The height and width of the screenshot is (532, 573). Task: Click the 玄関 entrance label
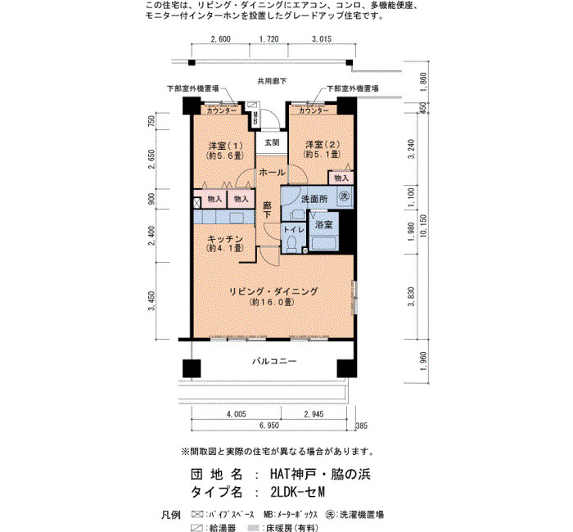[272, 142]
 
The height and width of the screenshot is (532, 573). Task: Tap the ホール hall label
[272, 172]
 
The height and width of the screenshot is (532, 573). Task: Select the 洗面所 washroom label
[314, 199]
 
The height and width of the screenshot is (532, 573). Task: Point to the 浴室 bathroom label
[324, 225]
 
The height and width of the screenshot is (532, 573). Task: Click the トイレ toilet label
[294, 229]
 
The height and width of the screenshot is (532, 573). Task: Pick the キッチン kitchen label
[225, 239]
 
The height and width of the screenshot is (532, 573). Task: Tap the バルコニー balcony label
[274, 362]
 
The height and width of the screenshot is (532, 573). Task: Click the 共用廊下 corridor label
[272, 81]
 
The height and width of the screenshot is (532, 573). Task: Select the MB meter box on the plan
[255, 118]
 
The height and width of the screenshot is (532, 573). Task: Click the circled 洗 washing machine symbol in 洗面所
[344, 196]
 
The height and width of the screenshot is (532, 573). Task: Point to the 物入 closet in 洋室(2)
[341, 178]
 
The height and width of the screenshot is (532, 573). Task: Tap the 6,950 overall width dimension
[269, 426]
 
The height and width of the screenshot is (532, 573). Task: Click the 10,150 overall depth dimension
[423, 226]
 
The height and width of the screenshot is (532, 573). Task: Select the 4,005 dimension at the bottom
[236, 414]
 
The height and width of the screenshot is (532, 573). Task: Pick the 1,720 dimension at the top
[269, 38]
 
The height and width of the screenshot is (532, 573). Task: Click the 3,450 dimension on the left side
[151, 300]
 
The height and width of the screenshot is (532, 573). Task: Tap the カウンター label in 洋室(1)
[222, 110]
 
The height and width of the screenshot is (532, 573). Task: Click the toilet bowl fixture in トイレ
[292, 244]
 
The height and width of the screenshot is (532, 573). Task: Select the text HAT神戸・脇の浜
[320, 474]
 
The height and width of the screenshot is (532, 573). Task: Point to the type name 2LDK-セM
[297, 492]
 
